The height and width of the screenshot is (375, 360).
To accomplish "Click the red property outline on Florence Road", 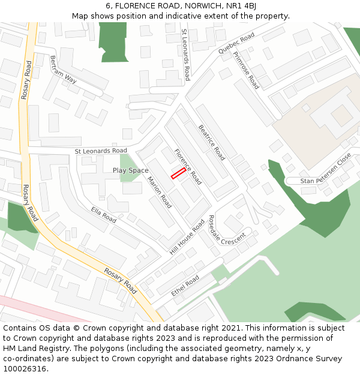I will point(178,173).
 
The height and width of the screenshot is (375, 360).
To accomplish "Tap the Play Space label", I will point(130,170).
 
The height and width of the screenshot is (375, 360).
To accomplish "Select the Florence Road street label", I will point(188,166).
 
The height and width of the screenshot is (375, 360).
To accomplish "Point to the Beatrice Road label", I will point(212,142).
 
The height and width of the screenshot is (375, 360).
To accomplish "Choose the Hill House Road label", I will point(187,236).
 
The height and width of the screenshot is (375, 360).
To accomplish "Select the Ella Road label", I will point(103,215).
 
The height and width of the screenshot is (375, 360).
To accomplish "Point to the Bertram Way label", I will point(64,70).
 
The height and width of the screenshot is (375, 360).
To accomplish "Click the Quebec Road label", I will point(236,44).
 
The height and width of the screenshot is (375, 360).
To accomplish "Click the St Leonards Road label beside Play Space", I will point(101,151).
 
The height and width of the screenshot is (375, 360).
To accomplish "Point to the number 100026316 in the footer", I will point(25,368).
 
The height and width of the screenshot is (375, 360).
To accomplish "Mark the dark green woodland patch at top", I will point(113,40).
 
